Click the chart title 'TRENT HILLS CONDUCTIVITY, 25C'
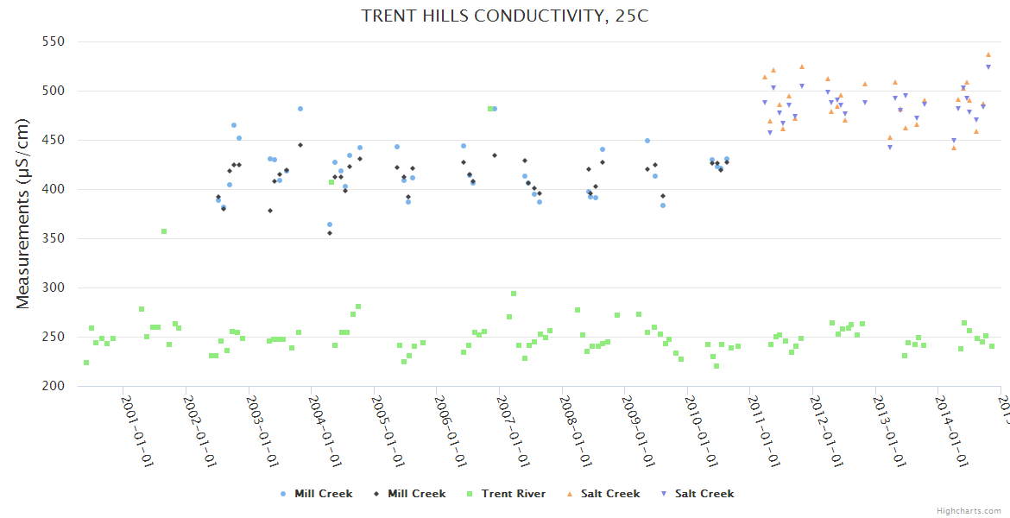point(504,16)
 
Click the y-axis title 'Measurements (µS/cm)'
point(23,213)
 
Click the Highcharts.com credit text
point(969,511)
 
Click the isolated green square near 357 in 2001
point(164,231)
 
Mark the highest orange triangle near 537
point(988,54)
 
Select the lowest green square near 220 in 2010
point(716,366)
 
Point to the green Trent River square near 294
point(514,294)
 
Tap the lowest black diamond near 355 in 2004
point(330,233)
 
